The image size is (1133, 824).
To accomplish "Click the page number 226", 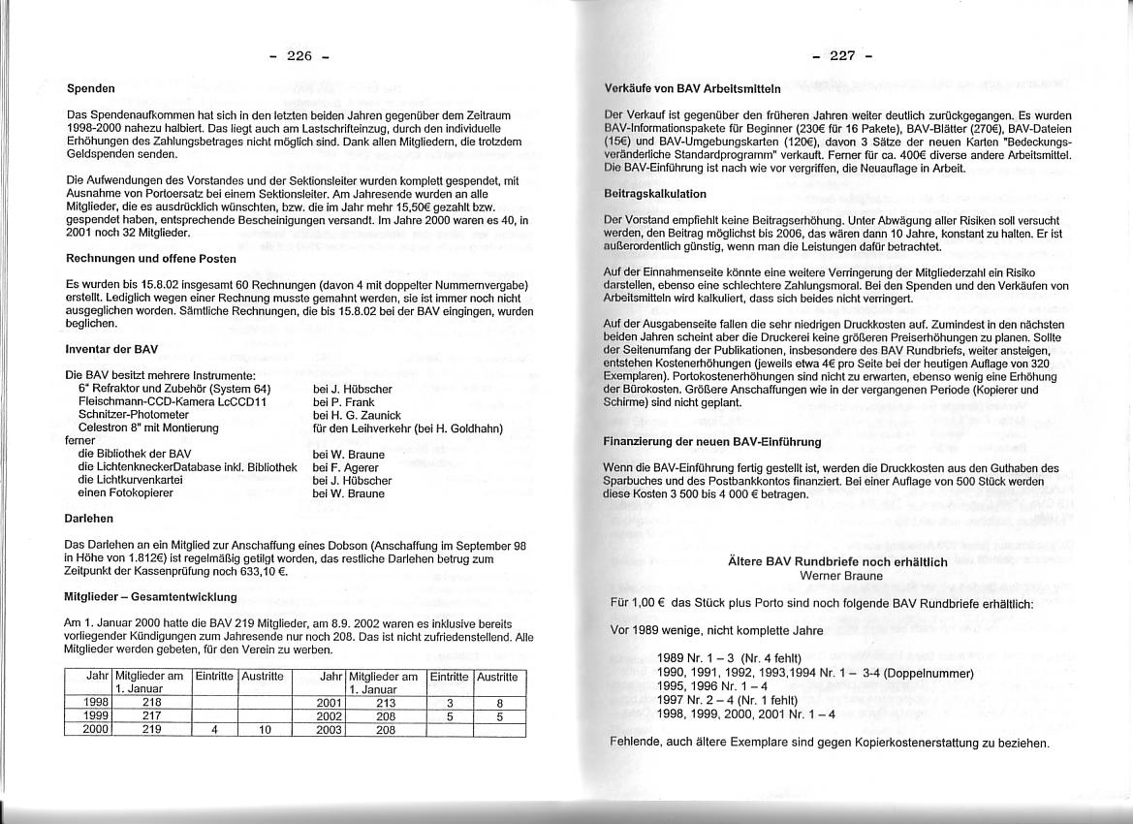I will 299,56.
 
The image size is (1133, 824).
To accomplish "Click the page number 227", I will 842,55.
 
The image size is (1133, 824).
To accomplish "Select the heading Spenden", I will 91,88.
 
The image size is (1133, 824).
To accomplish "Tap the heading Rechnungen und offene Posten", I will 151,259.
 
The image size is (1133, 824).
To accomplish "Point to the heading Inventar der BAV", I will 111,348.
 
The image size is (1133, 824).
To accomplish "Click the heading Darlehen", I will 89,519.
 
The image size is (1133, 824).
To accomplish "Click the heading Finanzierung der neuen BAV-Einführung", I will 711,441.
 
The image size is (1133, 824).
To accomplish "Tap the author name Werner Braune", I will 841,575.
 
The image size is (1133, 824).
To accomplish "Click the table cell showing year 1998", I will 96,702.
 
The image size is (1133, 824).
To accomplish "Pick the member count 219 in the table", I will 151,730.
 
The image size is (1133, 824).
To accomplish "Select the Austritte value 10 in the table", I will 263,730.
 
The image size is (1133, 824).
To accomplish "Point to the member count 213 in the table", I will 386,702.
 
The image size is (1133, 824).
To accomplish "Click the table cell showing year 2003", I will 330,730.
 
